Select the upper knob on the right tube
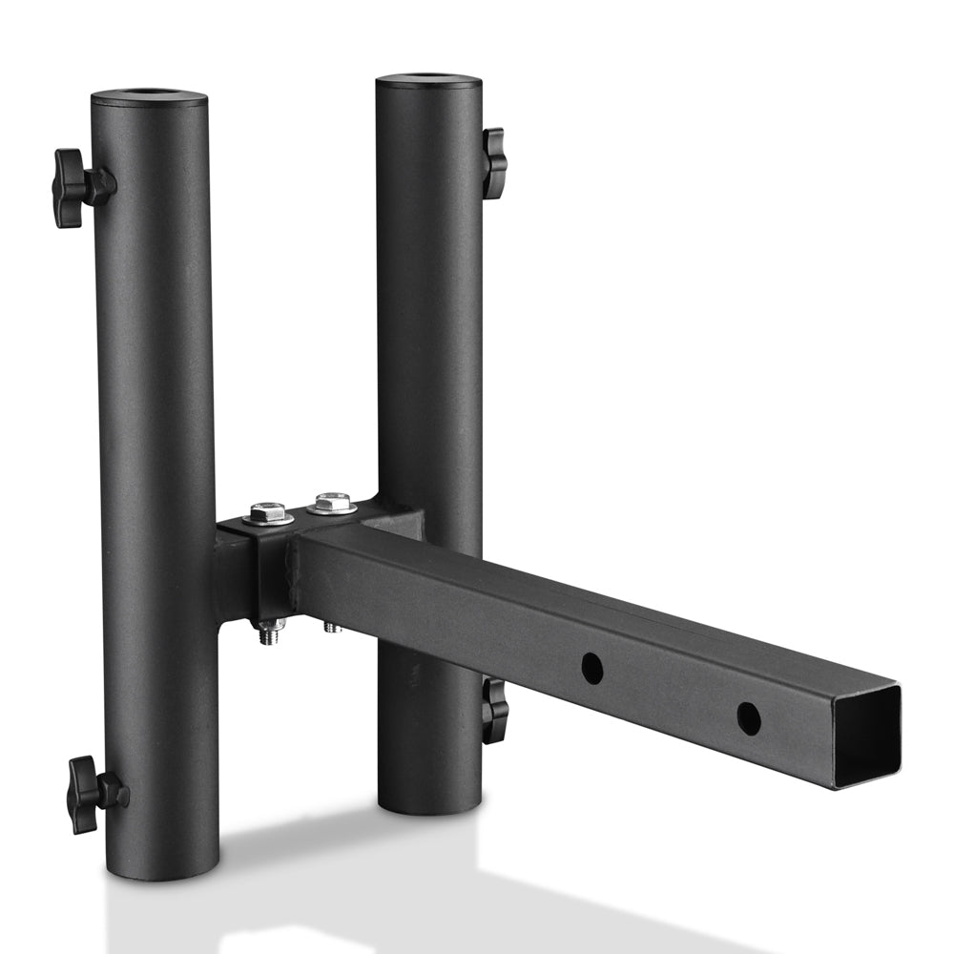tap(493, 163)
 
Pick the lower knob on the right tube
tap(494, 711)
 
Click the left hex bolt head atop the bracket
tap(269, 513)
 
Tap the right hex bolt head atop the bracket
tap(333, 502)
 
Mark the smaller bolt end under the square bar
tap(332, 627)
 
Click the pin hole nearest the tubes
tap(591, 668)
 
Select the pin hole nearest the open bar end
tap(749, 717)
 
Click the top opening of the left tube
tap(150, 95)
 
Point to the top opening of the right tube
tap(429, 79)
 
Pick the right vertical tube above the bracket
tap(429, 286)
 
